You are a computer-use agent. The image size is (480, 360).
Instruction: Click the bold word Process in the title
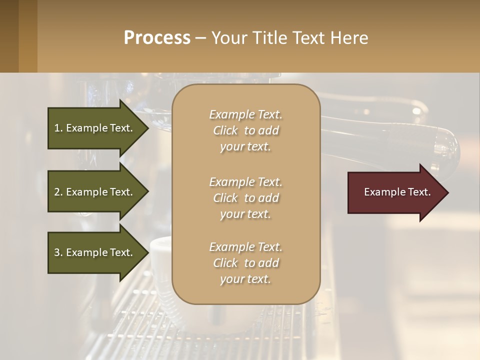click(x=157, y=38)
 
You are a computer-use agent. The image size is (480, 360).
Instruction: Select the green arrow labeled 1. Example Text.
click(x=95, y=128)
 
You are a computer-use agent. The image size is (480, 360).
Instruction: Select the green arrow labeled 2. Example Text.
click(x=95, y=192)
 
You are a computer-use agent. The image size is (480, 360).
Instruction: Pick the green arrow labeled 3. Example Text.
click(x=95, y=252)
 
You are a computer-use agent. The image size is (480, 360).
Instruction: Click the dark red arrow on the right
click(x=395, y=192)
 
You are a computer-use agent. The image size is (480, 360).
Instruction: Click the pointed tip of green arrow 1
click(x=147, y=128)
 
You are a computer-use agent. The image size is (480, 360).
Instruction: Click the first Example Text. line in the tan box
click(x=245, y=114)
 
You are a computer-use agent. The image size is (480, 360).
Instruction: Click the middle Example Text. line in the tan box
click(x=245, y=181)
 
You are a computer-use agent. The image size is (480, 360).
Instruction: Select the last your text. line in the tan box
click(x=245, y=279)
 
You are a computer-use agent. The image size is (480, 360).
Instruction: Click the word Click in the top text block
click(x=225, y=130)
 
